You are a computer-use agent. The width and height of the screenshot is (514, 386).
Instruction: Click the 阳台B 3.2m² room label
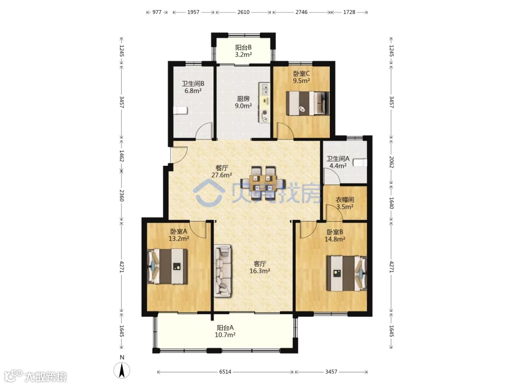[x=243, y=51]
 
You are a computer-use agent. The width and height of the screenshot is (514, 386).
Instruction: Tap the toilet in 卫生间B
[x=180, y=110]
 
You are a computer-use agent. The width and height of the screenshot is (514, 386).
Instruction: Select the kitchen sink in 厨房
[x=264, y=89]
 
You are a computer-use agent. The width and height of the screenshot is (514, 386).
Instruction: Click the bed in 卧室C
[x=308, y=103]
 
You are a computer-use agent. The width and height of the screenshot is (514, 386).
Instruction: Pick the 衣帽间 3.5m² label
[x=345, y=203]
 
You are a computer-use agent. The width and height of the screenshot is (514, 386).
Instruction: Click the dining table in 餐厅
[x=263, y=183]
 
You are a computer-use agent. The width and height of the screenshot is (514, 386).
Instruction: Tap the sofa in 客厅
[x=223, y=271]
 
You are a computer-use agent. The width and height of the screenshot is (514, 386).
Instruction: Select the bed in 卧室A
[x=168, y=266]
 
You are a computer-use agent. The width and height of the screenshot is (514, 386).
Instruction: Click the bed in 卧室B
[x=347, y=274]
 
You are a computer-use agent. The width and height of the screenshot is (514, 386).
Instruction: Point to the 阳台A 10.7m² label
[x=225, y=331]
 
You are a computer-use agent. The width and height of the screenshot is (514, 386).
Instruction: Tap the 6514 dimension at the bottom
[x=225, y=372]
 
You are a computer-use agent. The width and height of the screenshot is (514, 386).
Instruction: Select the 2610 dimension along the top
[x=243, y=12]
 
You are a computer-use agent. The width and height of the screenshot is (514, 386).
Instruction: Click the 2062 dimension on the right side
[x=391, y=162]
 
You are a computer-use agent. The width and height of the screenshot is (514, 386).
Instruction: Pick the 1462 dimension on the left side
[x=121, y=156]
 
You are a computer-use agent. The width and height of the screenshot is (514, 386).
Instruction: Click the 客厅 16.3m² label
[x=260, y=267]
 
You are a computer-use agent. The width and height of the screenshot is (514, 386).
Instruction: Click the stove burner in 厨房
[x=264, y=113]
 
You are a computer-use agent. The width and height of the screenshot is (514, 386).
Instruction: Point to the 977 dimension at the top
[x=157, y=12]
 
